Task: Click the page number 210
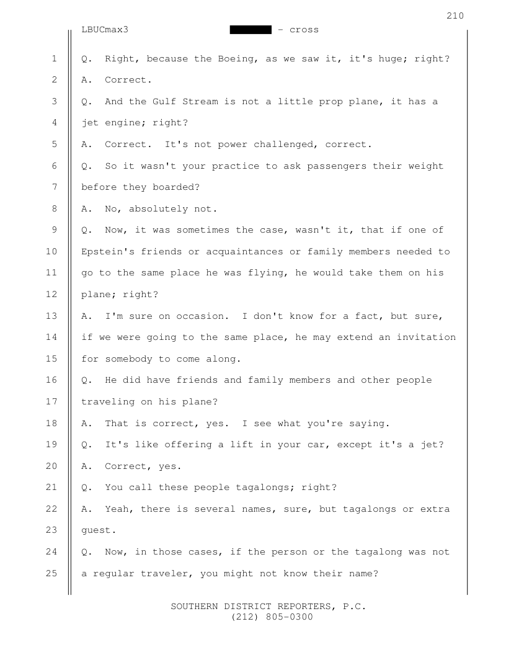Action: pyautogui.click(x=455, y=16)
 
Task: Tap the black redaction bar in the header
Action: pyautogui.click(x=251, y=30)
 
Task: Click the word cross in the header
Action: pyautogui.click(x=304, y=30)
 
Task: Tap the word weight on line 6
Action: pyautogui.click(x=425, y=166)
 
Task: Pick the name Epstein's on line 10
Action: pyautogui.click(x=108, y=251)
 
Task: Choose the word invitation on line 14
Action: pyautogui.click(x=425, y=337)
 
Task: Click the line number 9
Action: pyautogui.click(x=55, y=230)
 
